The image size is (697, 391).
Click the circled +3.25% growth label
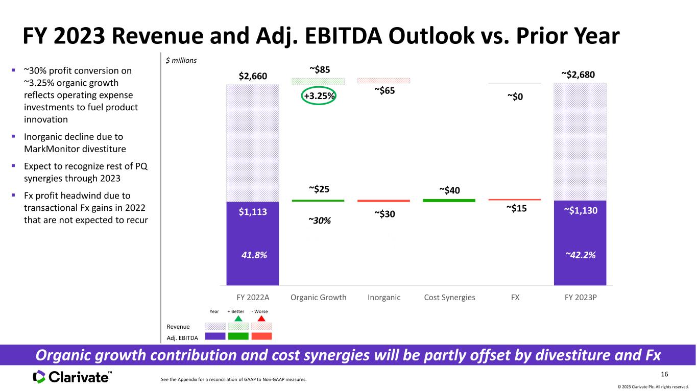pos(319,96)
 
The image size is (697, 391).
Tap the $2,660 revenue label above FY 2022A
pos(253,76)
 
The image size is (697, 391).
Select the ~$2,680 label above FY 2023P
pos(578,75)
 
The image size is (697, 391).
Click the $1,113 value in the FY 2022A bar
pos(253,212)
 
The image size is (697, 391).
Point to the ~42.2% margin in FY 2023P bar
pos(580,255)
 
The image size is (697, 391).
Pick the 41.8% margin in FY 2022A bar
pos(254,255)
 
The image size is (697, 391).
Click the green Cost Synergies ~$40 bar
pos(449,201)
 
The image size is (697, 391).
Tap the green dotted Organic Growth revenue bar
pos(318,81)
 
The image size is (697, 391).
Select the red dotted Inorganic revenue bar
pos(383,81)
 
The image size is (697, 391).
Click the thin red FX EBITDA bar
pos(515,200)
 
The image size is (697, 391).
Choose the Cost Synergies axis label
pos(449,298)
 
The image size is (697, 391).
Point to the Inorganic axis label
pos(384,298)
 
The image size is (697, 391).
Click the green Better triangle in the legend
pos(238,319)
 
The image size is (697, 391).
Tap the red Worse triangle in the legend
pos(261,319)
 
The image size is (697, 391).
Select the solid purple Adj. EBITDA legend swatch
pos(215,336)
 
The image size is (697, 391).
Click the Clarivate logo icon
pos(39,377)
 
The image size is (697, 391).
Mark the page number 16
pos(664,374)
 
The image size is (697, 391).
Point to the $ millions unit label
pos(181,60)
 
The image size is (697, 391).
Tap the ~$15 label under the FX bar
pos(517,208)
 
